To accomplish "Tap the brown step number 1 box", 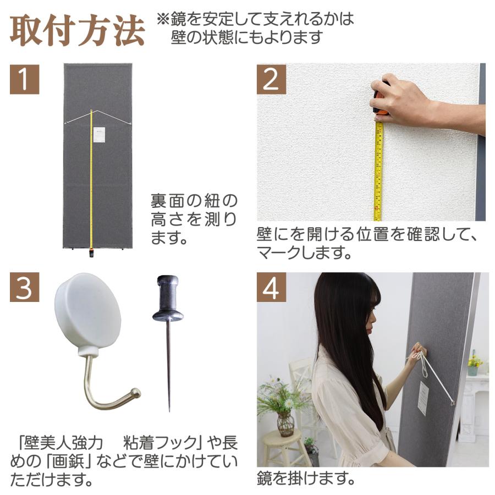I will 25,79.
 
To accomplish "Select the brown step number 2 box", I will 271,79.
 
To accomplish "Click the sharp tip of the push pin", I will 169,409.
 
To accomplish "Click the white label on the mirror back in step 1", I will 99,134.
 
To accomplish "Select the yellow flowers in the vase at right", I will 474,361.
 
